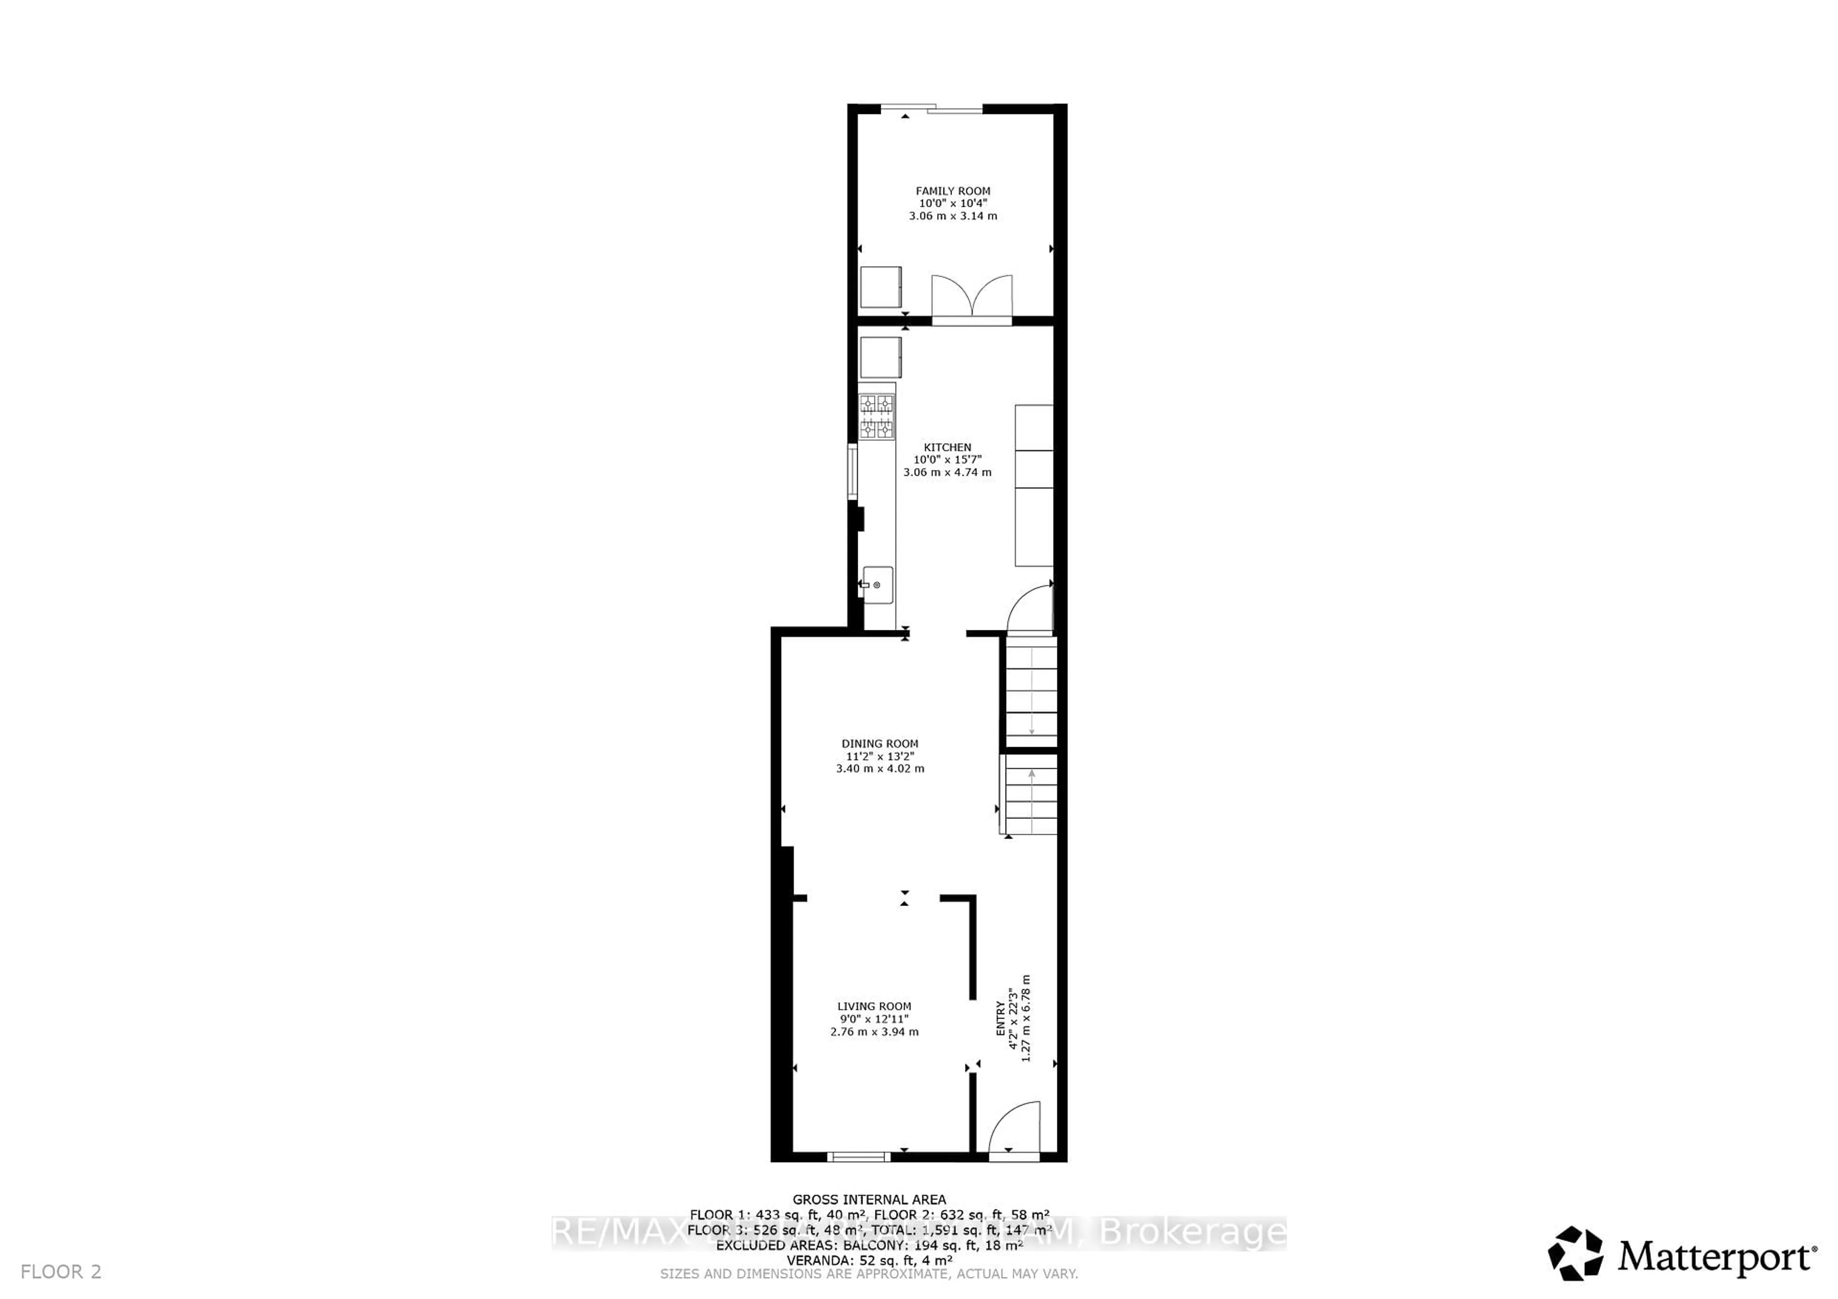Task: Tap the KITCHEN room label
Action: click(x=947, y=448)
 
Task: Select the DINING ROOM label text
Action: click(x=880, y=743)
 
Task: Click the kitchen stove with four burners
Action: click(x=876, y=416)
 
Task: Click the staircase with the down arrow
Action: click(x=1031, y=692)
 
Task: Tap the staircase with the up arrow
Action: click(x=1031, y=800)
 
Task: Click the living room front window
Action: click(x=858, y=1156)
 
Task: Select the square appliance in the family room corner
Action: click(x=881, y=287)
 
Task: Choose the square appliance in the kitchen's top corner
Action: click(x=881, y=358)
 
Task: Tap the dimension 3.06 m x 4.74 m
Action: click(x=947, y=473)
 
